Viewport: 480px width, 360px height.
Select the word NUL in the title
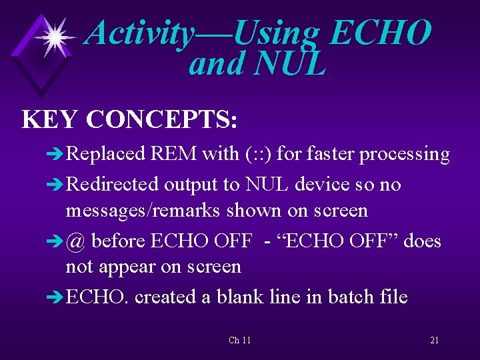click(290, 64)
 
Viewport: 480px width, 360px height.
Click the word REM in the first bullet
click(174, 154)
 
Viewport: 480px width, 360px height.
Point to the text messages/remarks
click(143, 211)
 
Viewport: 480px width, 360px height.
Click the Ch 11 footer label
click(239, 341)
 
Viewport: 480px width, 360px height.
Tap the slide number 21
click(434, 341)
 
